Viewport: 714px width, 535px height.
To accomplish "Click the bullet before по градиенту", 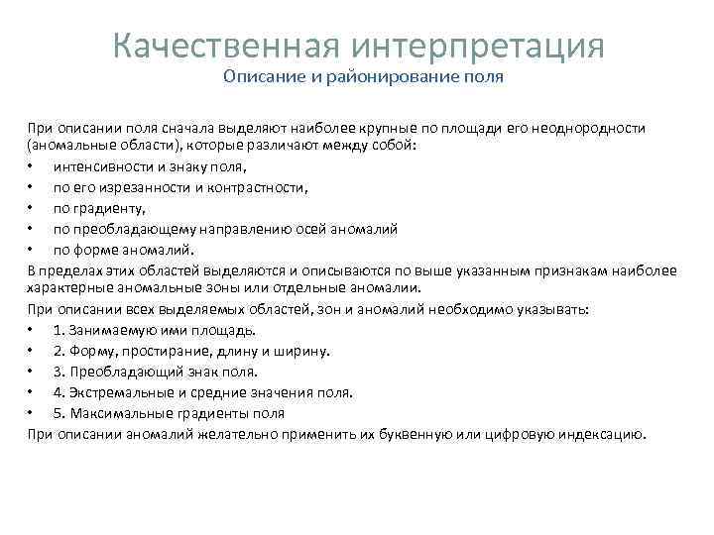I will [x=32, y=208].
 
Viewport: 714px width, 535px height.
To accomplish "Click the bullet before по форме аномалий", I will [x=32, y=249].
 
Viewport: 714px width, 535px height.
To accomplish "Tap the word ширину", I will [x=303, y=351].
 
